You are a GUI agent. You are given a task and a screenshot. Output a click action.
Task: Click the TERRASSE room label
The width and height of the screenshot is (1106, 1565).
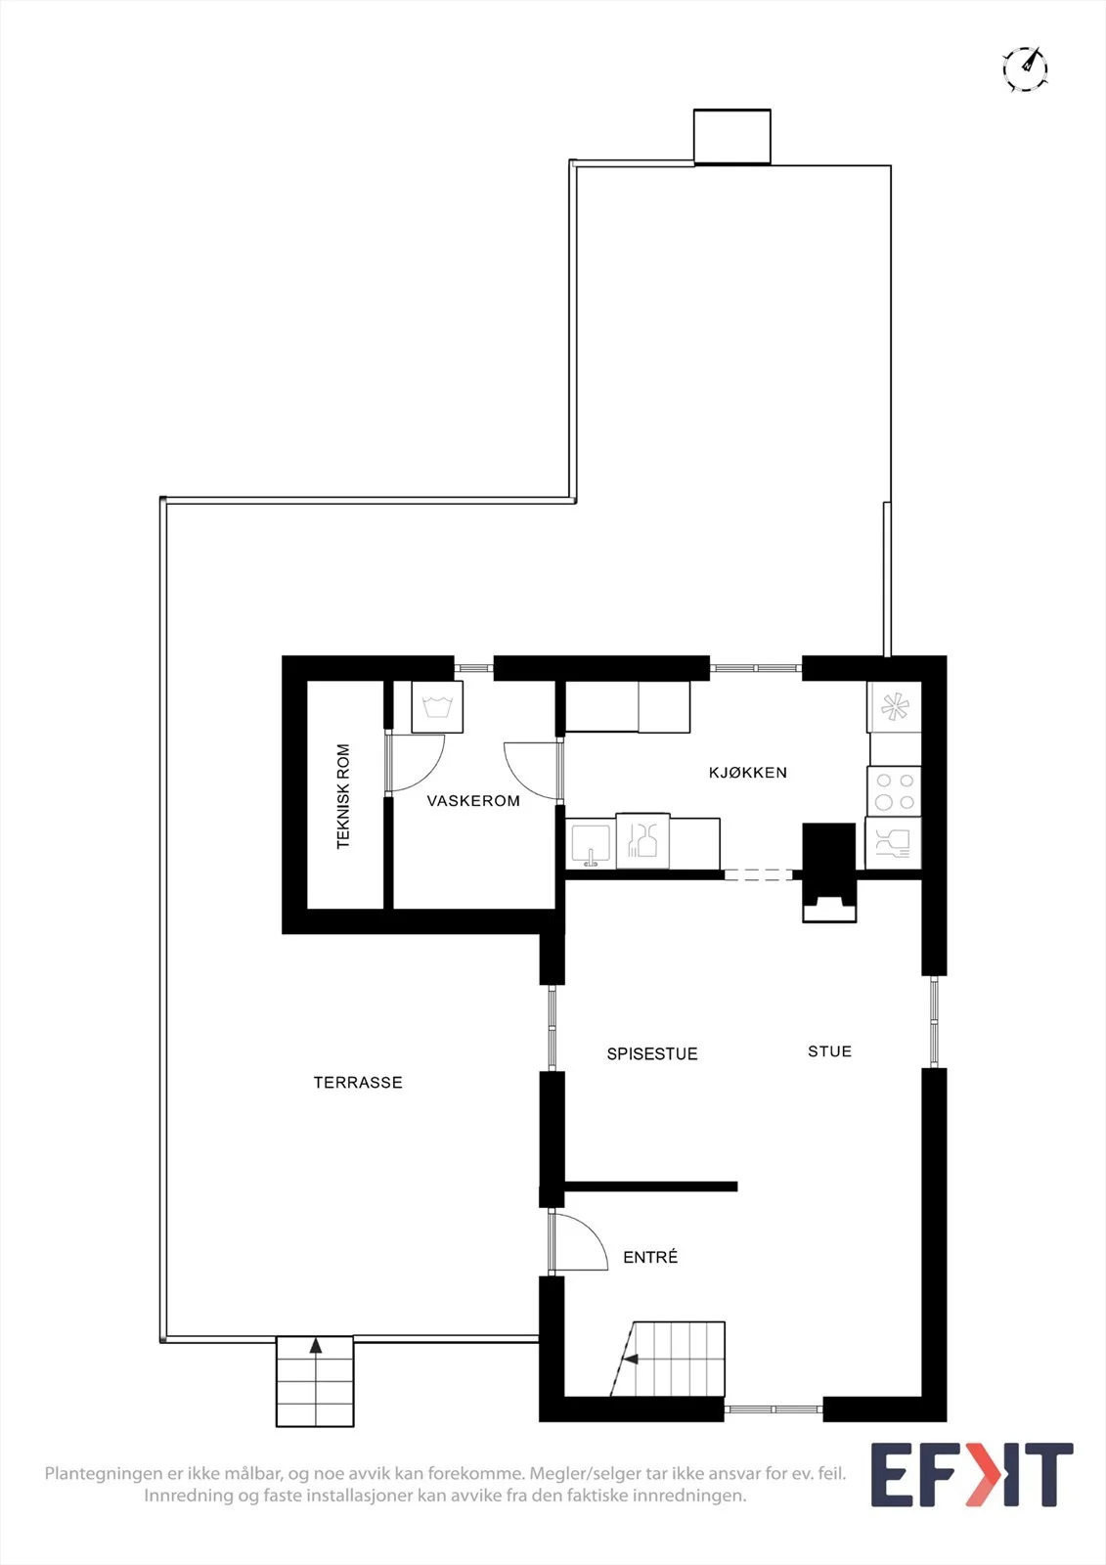(358, 1082)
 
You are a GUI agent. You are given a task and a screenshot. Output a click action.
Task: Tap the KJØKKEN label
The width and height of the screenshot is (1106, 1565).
(747, 772)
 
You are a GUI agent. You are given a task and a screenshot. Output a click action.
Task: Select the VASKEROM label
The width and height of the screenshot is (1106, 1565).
(473, 801)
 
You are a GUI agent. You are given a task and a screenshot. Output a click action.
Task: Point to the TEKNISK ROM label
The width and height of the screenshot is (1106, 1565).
(342, 796)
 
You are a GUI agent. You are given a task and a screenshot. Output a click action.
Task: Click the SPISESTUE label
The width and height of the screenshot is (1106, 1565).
(652, 1053)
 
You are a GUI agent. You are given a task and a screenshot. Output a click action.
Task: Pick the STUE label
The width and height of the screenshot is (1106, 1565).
(829, 1051)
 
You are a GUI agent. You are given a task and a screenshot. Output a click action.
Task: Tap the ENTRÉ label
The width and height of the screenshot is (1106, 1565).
(650, 1257)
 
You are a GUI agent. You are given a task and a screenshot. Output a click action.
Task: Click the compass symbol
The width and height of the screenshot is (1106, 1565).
(1025, 69)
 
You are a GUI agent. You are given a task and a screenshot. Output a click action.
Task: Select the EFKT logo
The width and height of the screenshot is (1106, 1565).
(972, 1475)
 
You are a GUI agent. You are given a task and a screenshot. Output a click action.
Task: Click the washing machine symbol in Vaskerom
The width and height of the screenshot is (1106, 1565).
(437, 707)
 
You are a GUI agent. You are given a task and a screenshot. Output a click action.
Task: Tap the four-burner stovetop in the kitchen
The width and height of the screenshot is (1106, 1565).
(895, 791)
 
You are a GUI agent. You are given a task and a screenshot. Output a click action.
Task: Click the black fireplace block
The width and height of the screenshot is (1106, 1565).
(828, 872)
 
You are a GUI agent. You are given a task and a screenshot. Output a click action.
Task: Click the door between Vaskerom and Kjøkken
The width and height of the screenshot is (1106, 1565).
(532, 770)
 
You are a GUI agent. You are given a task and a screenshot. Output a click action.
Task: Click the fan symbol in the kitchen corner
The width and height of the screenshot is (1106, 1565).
(895, 707)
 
